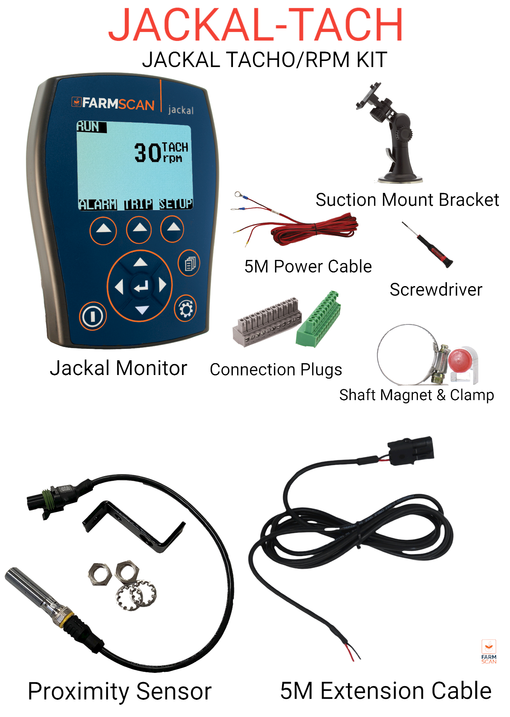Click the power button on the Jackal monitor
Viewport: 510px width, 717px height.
tap(93, 316)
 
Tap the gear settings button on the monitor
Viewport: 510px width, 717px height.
tap(185, 308)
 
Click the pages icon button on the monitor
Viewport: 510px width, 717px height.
tap(189, 263)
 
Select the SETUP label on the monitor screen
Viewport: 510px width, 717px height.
tap(176, 204)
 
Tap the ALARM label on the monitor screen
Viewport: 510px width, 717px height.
tap(97, 205)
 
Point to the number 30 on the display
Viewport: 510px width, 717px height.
tap(147, 153)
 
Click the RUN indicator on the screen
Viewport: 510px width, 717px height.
tap(88, 127)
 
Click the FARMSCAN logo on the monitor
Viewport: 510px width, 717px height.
tap(113, 103)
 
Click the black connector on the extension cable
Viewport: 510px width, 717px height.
tap(411, 450)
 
